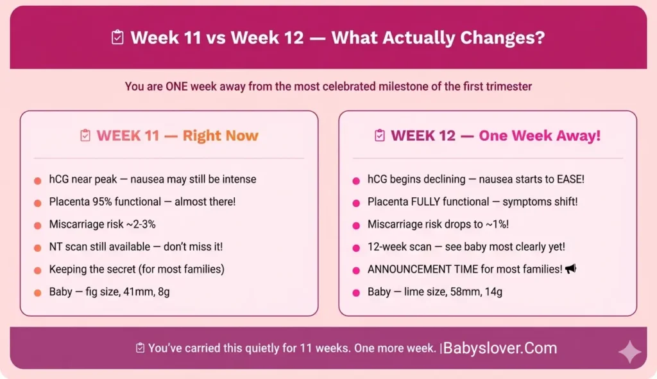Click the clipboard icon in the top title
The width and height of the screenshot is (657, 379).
pos(117,38)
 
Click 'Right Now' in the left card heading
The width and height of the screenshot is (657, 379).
pos(220,136)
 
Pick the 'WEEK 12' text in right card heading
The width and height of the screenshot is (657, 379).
pos(423,136)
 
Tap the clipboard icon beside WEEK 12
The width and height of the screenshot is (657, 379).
pos(380,136)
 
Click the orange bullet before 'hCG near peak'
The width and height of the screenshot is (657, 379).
pos(38,180)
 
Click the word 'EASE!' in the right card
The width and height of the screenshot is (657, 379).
pos(551,179)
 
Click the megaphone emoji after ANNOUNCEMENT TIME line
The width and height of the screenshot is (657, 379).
pos(570,269)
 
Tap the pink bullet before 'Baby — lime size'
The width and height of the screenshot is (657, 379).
pos(356,293)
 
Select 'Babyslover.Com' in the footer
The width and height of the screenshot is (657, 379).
pos(500,348)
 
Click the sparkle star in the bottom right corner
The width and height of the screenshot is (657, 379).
pos(629,353)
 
